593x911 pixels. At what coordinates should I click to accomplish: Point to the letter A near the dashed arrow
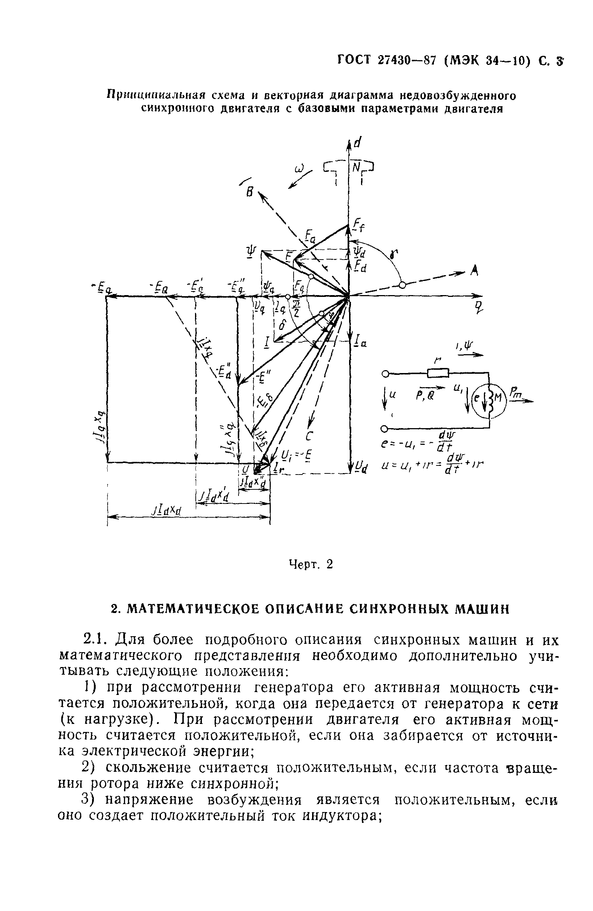tap(474, 271)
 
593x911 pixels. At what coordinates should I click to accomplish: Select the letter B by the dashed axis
tap(249, 192)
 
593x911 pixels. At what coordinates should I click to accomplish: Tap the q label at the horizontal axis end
tap(479, 306)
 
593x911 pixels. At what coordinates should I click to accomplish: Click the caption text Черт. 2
tap(311, 564)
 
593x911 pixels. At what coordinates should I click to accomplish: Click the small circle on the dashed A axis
tap(402, 285)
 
